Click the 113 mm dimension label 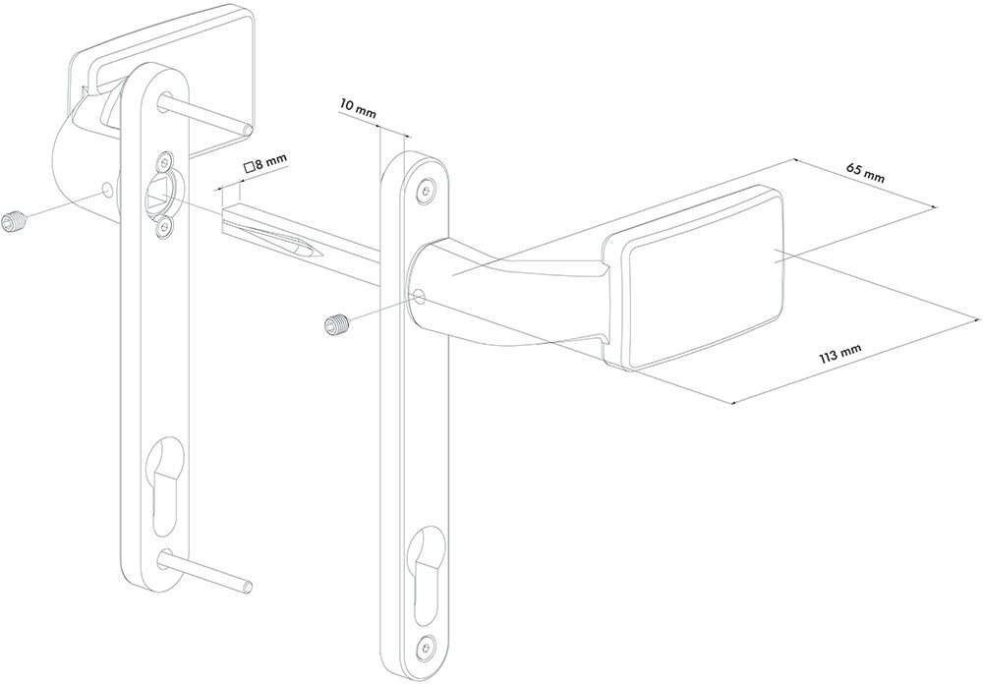tap(840, 356)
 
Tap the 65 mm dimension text tap(865, 172)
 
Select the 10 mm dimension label tap(358, 107)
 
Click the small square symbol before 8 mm tap(249, 167)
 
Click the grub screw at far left tap(13, 222)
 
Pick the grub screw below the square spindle tap(336, 323)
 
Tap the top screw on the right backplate tap(427, 190)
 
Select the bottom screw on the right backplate tap(427, 645)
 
